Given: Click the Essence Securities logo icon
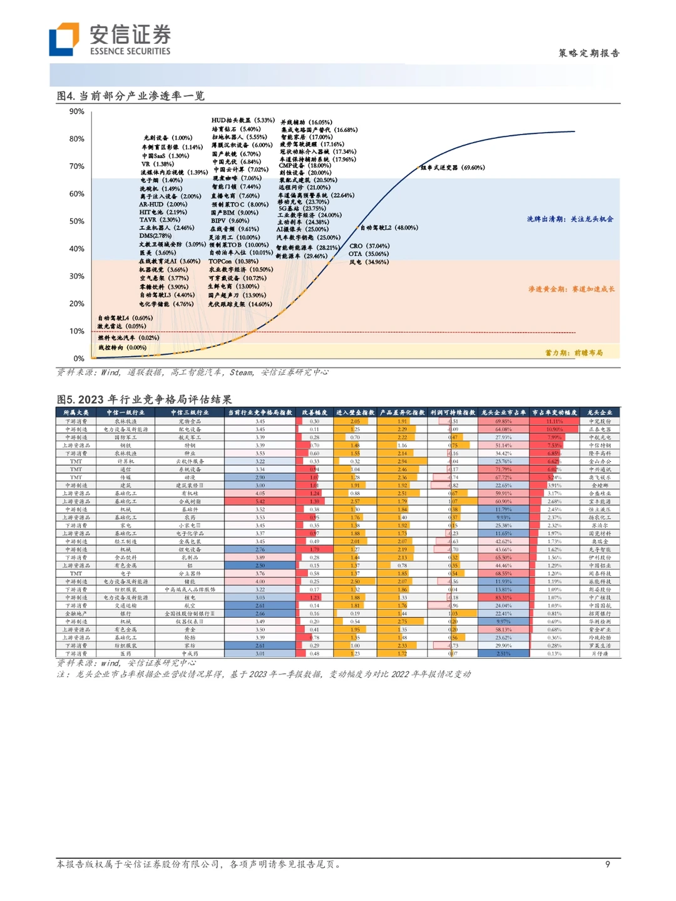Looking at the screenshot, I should click(x=64, y=39).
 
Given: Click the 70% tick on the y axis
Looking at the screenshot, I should click(x=77, y=166).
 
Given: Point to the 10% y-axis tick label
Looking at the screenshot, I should click(x=77, y=332).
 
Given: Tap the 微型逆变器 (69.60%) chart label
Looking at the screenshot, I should click(x=453, y=168).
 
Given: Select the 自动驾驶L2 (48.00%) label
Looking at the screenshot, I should click(x=389, y=228).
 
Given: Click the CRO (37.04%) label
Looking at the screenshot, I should click(x=369, y=246).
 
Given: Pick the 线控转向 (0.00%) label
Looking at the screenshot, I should click(x=122, y=348).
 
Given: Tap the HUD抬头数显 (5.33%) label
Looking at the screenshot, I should click(x=243, y=120).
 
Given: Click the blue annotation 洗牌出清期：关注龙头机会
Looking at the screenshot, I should click(x=570, y=219).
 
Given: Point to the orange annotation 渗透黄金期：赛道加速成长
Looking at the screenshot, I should click(x=571, y=289).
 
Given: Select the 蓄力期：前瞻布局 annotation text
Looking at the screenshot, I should click(x=573, y=353).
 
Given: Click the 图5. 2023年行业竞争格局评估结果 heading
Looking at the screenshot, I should click(x=144, y=400).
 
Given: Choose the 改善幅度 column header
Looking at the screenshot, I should click(x=314, y=413).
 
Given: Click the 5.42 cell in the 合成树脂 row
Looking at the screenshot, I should click(x=260, y=501).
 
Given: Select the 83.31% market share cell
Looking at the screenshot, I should click(x=503, y=598).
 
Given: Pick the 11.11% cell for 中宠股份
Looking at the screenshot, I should click(x=555, y=421).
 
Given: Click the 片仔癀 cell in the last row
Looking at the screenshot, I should click(x=600, y=654).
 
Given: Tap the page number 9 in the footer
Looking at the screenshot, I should click(x=607, y=864).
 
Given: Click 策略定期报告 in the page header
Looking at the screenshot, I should click(x=588, y=53).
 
